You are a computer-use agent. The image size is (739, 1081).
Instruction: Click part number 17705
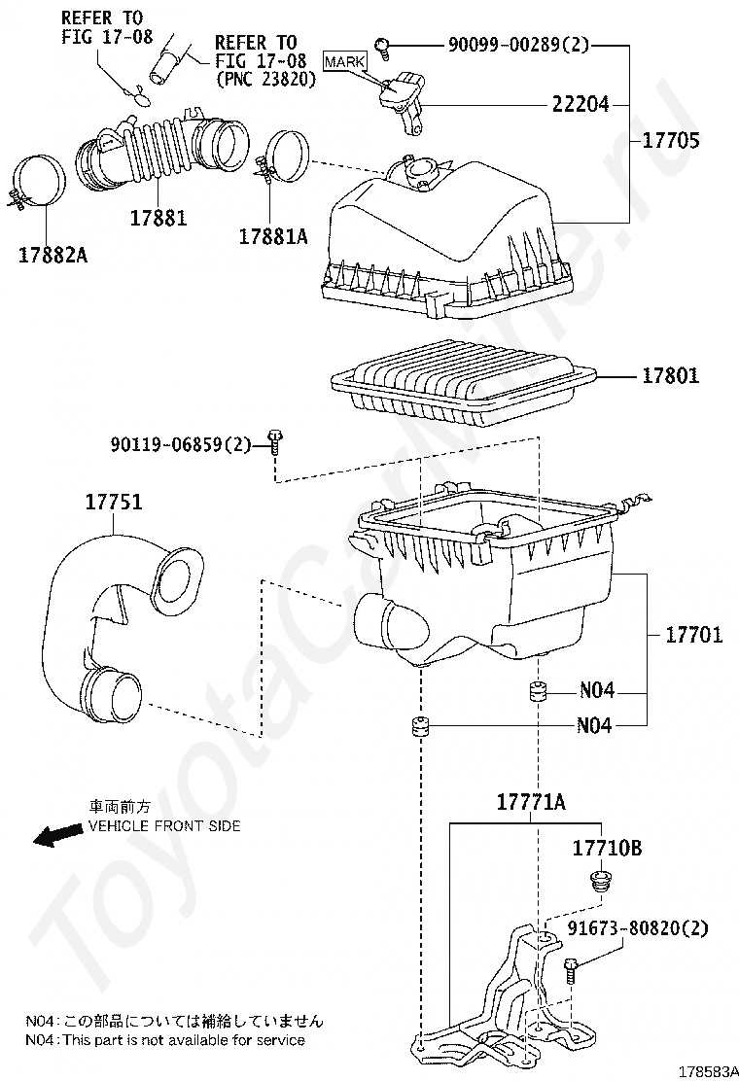pyautogui.click(x=671, y=140)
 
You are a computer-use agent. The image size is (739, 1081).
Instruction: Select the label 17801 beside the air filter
pyautogui.click(x=671, y=376)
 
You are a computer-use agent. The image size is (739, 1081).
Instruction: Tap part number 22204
pyautogui.click(x=581, y=104)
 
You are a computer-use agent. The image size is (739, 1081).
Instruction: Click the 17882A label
pyautogui.click(x=53, y=255)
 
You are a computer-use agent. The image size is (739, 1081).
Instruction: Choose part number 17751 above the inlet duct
pyautogui.click(x=113, y=504)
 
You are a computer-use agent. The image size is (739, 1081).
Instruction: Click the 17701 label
pyautogui.click(x=693, y=636)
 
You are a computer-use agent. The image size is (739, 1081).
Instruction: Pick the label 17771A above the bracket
pyautogui.click(x=531, y=802)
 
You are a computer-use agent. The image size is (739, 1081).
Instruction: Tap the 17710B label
pyautogui.click(x=607, y=849)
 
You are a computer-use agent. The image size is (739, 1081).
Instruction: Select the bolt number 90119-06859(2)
pyautogui.click(x=180, y=445)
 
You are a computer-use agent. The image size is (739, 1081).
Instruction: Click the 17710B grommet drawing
pyautogui.click(x=600, y=884)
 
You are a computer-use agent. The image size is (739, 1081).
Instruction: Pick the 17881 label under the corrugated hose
pyautogui.click(x=158, y=217)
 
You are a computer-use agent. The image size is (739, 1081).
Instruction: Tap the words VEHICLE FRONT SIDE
pyautogui.click(x=164, y=825)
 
